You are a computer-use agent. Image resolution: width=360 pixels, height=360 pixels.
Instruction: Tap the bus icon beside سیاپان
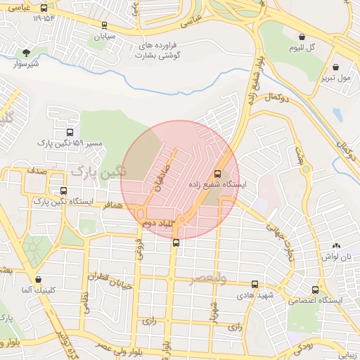click(104, 24)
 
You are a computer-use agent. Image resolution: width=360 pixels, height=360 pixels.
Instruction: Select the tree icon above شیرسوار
click(27, 53)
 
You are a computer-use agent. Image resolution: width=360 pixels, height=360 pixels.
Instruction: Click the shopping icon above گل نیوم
click(302, 37)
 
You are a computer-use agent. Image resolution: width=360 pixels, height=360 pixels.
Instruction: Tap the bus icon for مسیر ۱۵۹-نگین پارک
click(70, 131)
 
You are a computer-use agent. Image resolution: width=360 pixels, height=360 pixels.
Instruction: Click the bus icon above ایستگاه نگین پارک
click(64, 191)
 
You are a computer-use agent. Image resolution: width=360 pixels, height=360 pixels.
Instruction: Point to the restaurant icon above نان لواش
click(336, 246)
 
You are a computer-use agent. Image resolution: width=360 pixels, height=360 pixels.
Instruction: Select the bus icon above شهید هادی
click(255, 285)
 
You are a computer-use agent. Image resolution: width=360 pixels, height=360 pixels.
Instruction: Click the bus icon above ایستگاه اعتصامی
click(314, 289)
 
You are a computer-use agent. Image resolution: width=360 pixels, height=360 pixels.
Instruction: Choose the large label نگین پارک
click(98, 172)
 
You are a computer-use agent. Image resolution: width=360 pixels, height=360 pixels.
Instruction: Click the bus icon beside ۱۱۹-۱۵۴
click(44, 9)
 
